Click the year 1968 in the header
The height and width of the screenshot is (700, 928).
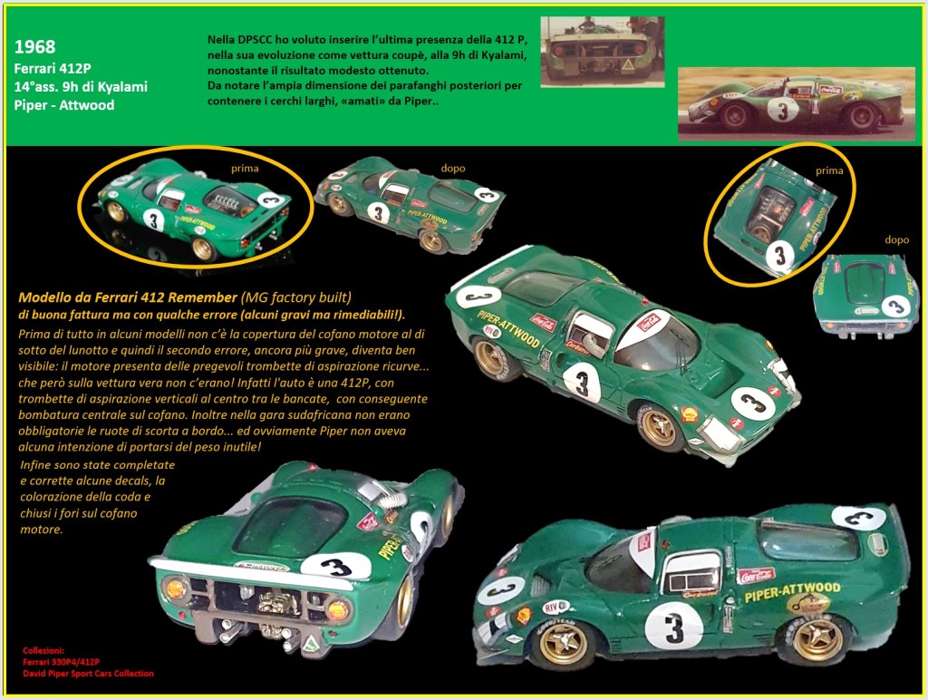click(x=35, y=47)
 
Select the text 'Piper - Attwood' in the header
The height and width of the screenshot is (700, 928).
click(x=64, y=105)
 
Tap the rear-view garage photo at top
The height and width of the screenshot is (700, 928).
click(x=603, y=52)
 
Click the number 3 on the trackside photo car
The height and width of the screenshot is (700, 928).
click(x=783, y=110)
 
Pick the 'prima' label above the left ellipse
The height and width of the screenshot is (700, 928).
click(x=245, y=168)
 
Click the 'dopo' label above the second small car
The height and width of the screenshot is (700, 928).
click(x=453, y=168)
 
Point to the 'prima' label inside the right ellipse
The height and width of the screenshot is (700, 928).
click(x=829, y=170)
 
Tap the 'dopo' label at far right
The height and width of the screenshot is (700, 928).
click(x=896, y=240)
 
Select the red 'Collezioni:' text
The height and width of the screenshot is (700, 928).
click(x=43, y=650)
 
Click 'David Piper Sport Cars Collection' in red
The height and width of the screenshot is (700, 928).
click(x=88, y=674)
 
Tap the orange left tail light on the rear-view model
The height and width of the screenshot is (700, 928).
click(x=177, y=589)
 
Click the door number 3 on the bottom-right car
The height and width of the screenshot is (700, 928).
click(x=674, y=627)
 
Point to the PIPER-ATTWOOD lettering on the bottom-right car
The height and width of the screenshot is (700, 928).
click(x=792, y=591)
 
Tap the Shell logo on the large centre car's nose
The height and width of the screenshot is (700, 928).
click(x=690, y=413)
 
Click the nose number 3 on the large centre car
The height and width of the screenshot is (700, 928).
click(x=753, y=403)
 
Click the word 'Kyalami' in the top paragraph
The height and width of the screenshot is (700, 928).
click(x=505, y=55)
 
